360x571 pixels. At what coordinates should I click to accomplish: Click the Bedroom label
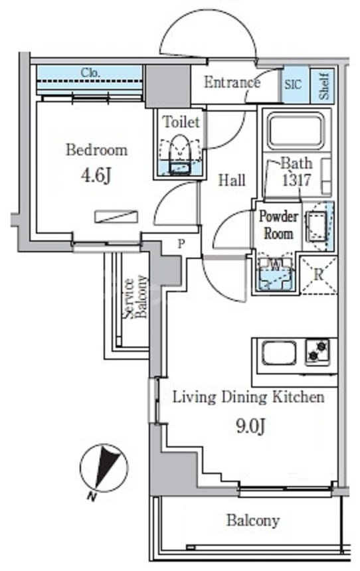(96, 150)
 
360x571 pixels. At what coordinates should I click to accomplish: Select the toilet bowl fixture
(181, 153)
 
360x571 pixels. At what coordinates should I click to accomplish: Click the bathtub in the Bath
(296, 130)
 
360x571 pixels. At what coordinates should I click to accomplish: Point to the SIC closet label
(294, 85)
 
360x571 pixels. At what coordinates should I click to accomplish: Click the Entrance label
(232, 82)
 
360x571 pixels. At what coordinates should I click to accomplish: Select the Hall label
(231, 180)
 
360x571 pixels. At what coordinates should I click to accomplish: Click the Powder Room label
(278, 225)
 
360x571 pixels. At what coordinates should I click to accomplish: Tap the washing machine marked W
(276, 274)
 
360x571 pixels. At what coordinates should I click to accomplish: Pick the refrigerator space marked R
(319, 275)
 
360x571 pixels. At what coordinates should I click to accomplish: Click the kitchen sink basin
(279, 353)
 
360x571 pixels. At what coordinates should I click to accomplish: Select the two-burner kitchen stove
(317, 352)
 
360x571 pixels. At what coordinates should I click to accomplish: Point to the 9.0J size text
(250, 426)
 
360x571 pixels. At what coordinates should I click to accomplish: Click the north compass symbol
(104, 468)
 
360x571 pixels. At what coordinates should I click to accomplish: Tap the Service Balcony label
(135, 297)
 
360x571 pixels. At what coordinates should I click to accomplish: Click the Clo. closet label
(90, 72)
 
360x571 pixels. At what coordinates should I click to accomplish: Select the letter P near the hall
(181, 244)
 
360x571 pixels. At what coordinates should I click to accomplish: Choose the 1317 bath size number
(297, 180)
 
